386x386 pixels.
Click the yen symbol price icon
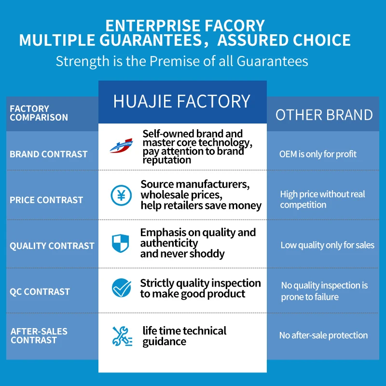point(121,195)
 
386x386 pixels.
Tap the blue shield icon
point(120,243)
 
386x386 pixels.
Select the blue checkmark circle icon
point(122,288)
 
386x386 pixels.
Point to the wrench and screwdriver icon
point(122,336)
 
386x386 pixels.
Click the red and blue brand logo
point(122,146)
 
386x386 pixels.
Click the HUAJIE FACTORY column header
point(182,101)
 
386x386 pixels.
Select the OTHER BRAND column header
point(324,115)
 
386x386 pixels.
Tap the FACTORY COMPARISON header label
point(39,113)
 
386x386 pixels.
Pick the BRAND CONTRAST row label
point(49,154)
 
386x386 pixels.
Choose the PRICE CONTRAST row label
point(46,200)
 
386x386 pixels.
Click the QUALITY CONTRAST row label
point(52,246)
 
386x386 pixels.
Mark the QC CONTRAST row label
point(40,291)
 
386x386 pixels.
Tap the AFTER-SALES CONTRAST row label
point(39,335)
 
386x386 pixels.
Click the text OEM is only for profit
point(318,154)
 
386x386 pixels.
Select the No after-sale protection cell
point(323,335)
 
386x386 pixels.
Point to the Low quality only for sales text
point(328,245)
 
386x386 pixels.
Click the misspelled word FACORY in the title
point(234,26)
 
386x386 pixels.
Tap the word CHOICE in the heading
point(321,40)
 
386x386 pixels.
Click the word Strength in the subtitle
point(83,62)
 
